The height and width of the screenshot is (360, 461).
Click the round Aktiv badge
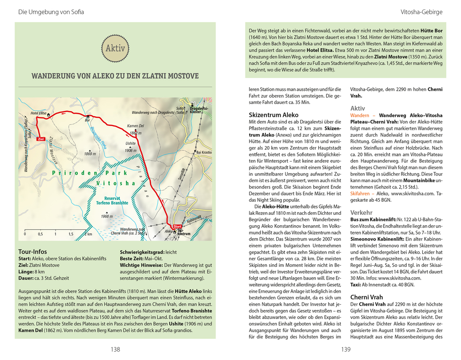pyautogui.click(x=115, y=48)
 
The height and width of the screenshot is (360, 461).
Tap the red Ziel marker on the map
pyautogui.click(x=40, y=139)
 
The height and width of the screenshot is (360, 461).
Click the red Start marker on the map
pyautogui.click(x=177, y=226)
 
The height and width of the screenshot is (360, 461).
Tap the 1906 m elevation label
pyautogui.click(x=131, y=150)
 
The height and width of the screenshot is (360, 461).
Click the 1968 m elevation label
pyautogui.click(x=107, y=217)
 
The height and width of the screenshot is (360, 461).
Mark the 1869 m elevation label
pyautogui.click(x=90, y=154)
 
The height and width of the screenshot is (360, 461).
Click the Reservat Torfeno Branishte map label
pyautogui.click(x=110, y=200)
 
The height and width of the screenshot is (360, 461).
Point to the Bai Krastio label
pyautogui.click(x=203, y=152)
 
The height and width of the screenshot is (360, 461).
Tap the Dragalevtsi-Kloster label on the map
pyautogui.click(x=199, y=110)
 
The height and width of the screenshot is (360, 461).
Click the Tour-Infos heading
pyautogui.click(x=32, y=251)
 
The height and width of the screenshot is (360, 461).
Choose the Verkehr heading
pyautogui.click(x=361, y=212)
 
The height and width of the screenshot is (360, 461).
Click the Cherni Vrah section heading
pyautogui.click(x=367, y=297)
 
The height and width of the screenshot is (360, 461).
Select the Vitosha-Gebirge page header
pyautogui.click(x=421, y=12)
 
